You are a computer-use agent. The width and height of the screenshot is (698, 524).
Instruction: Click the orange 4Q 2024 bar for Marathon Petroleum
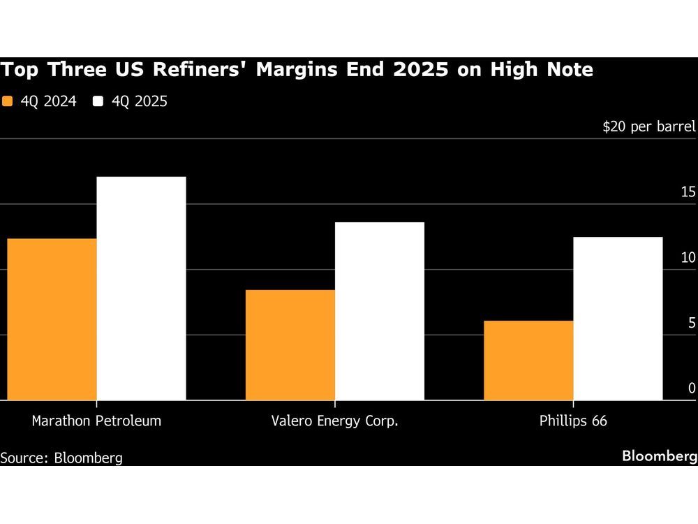52,319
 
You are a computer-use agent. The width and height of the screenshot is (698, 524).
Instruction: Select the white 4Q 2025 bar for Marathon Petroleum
141,289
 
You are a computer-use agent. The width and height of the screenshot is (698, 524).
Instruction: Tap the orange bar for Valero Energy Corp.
290,345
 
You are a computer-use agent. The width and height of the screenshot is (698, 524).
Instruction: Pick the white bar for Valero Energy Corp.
380,311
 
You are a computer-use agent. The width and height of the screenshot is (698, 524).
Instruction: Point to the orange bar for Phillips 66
528,361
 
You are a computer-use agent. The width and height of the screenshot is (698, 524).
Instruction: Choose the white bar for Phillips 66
618,319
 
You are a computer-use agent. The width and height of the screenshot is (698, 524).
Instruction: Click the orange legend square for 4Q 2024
8,101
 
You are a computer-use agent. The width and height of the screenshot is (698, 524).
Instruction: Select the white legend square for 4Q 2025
98,101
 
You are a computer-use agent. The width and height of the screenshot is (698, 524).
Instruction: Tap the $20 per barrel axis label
649,126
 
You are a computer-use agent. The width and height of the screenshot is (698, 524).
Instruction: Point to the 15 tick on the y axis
688,192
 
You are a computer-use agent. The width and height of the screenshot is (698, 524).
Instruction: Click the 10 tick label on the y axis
688,258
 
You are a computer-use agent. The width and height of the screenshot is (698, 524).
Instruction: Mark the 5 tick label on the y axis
692,323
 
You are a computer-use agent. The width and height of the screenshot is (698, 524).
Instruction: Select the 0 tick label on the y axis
692,388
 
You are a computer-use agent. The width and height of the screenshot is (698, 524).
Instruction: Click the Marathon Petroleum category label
96,421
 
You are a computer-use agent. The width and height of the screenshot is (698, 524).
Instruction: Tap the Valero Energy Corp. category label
335,421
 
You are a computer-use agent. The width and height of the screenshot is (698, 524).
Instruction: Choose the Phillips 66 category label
573,421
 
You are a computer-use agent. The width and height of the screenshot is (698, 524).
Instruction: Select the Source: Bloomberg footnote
61,458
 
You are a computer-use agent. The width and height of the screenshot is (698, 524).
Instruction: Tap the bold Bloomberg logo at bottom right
659,456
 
